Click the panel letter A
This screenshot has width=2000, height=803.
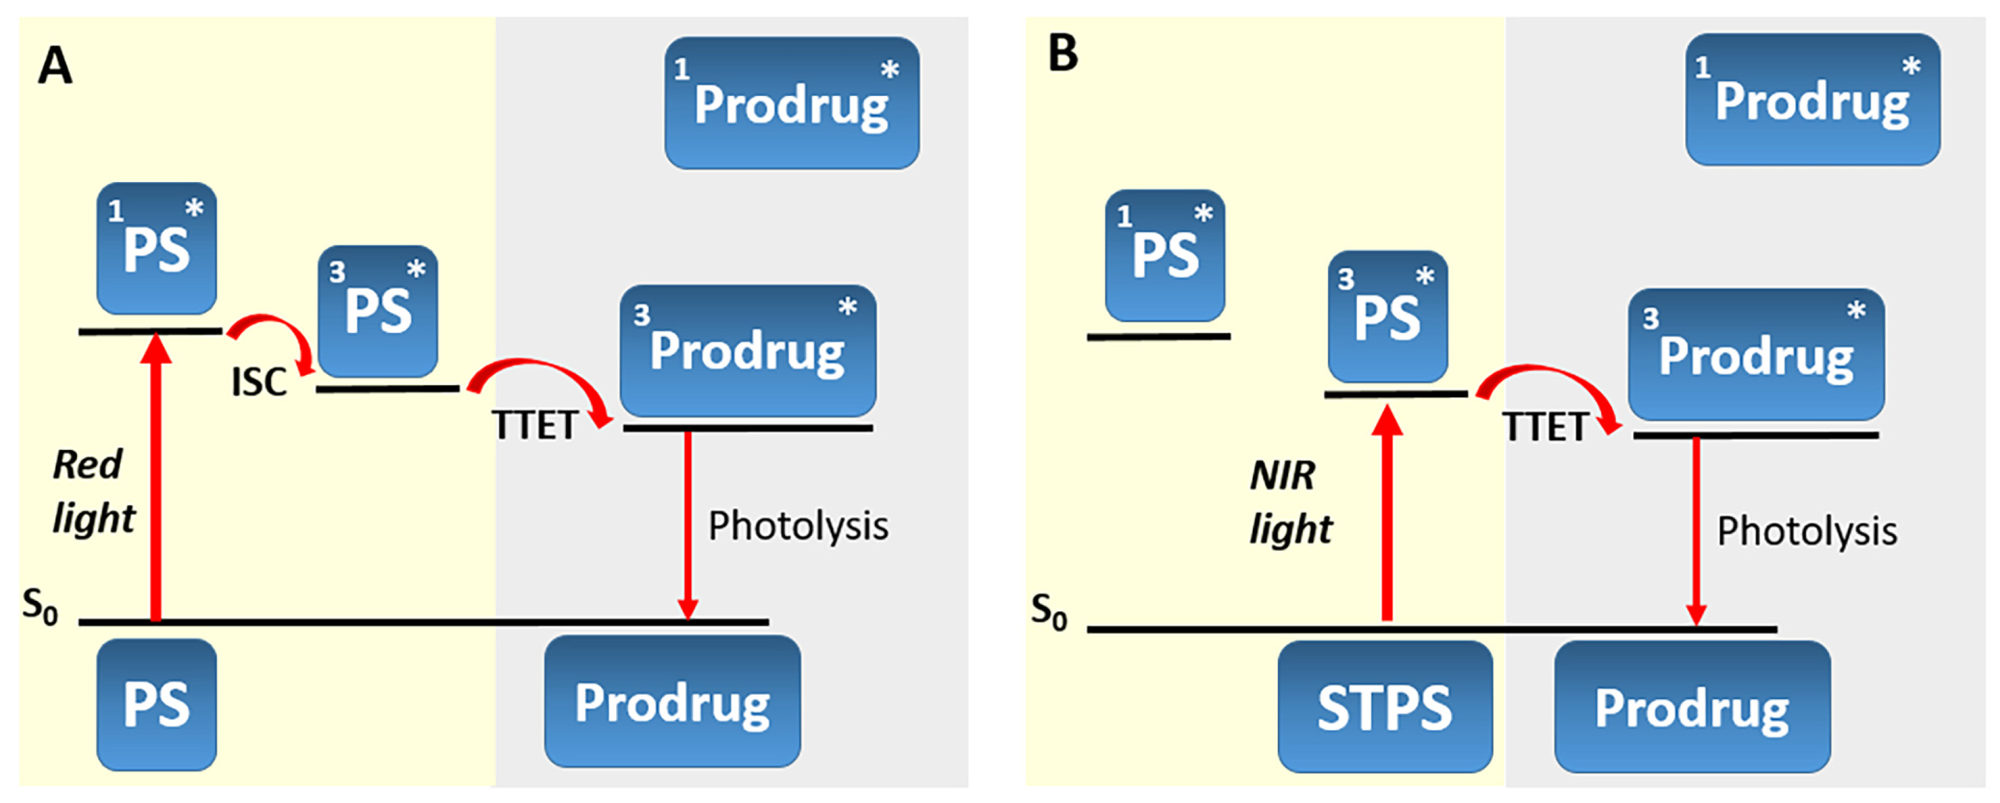[55, 65]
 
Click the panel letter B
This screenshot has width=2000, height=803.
[1063, 54]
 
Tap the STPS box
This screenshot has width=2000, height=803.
[1385, 707]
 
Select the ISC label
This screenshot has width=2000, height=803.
[258, 382]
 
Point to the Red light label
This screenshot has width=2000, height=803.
[92, 491]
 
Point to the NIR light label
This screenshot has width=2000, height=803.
[1289, 502]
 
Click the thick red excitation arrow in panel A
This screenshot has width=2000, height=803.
[156, 481]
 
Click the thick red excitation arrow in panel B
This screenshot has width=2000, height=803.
[1386, 512]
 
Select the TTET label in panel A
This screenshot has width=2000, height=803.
[535, 425]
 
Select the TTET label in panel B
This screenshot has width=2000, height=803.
[1544, 426]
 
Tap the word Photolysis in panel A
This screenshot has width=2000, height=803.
[797, 526]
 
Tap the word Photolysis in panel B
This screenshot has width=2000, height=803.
[1806, 531]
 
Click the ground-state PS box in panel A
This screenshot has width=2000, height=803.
[156, 703]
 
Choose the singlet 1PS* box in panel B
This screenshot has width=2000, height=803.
[1165, 255]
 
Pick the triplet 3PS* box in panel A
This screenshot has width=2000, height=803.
[377, 311]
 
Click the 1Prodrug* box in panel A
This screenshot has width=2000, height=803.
[791, 103]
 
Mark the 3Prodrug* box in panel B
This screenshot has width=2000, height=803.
[1755, 354]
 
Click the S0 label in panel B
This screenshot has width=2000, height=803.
[1048, 611]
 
